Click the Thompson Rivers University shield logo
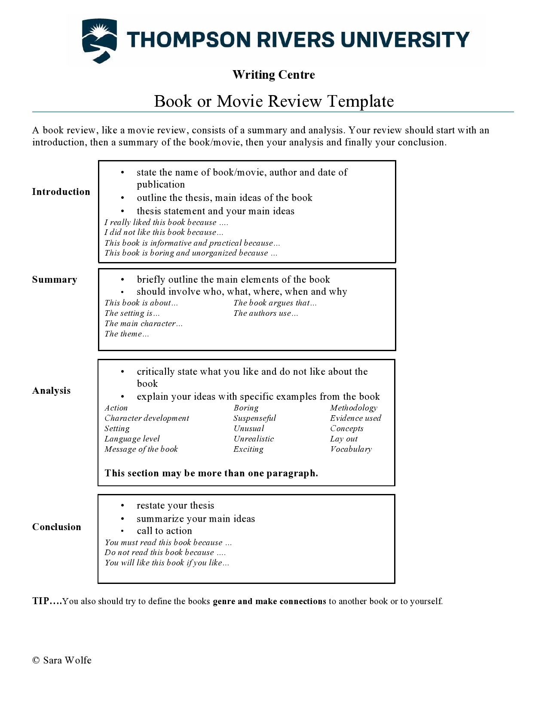99,40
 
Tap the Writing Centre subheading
273,75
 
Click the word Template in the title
361,102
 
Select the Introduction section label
61,192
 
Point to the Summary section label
55,280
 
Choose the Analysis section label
51,391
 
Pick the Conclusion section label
56,527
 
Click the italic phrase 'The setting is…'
132,313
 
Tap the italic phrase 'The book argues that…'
275,303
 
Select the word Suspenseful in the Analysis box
254,418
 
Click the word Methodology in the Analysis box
353,408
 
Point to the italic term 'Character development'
147,418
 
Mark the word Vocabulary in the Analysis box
351,449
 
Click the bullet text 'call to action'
164,531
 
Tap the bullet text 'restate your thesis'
175,506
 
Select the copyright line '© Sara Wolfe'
62,661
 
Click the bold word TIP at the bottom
41,601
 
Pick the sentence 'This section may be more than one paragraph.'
211,473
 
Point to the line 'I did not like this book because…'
164,232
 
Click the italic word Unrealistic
254,439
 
